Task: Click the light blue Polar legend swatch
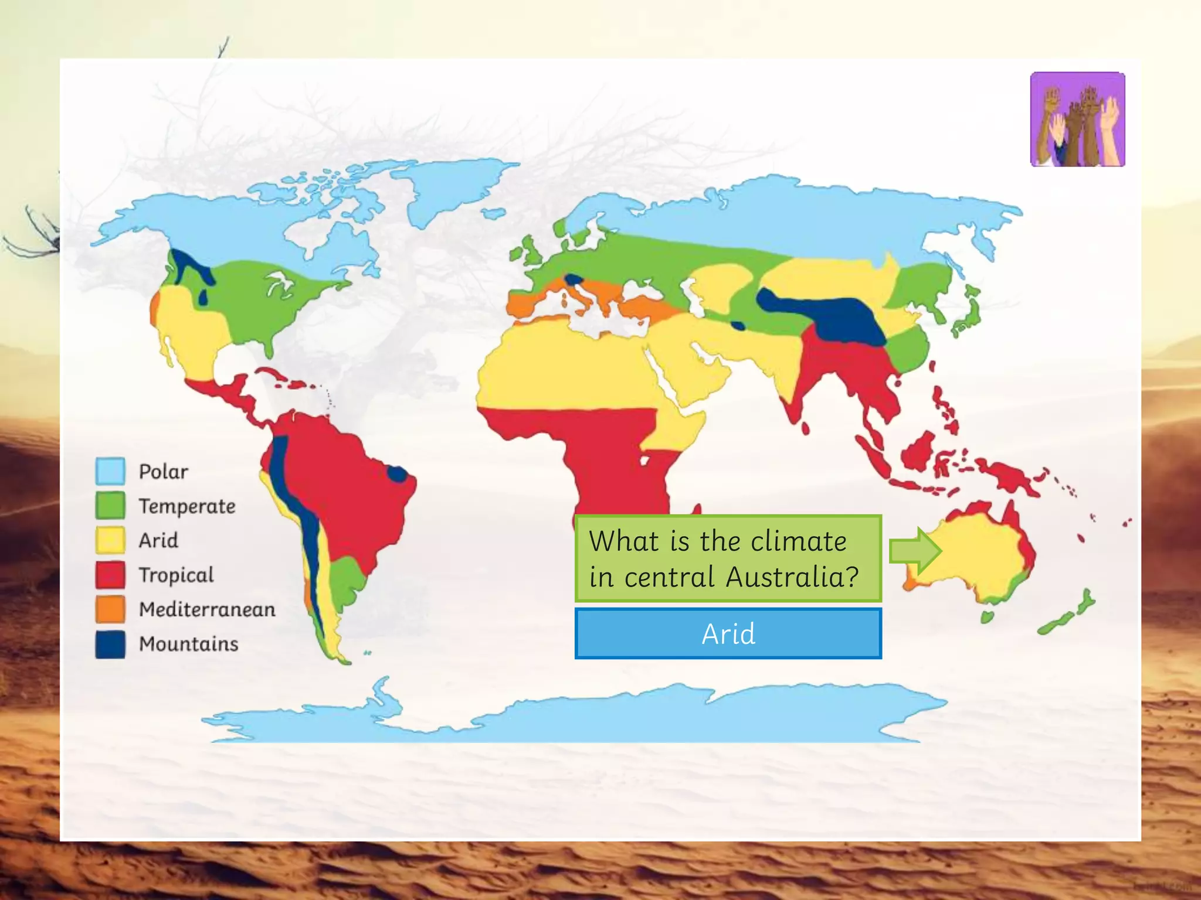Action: [x=110, y=471]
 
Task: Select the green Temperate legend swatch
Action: [x=110, y=506]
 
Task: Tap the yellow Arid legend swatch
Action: [x=110, y=540]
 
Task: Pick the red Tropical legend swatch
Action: [x=110, y=575]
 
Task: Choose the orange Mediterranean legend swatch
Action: [x=110, y=609]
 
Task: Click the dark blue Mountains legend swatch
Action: [x=110, y=644]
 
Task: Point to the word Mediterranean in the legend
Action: [x=207, y=609]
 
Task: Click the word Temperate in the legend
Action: [x=187, y=506]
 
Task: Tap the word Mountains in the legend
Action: [x=188, y=644]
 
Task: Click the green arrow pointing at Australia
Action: [x=915, y=551]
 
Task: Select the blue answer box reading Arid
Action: [x=728, y=633]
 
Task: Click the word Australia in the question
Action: [x=792, y=577]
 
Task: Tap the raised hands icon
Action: [x=1077, y=120]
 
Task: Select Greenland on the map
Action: [x=452, y=187]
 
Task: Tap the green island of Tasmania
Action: [x=988, y=617]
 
